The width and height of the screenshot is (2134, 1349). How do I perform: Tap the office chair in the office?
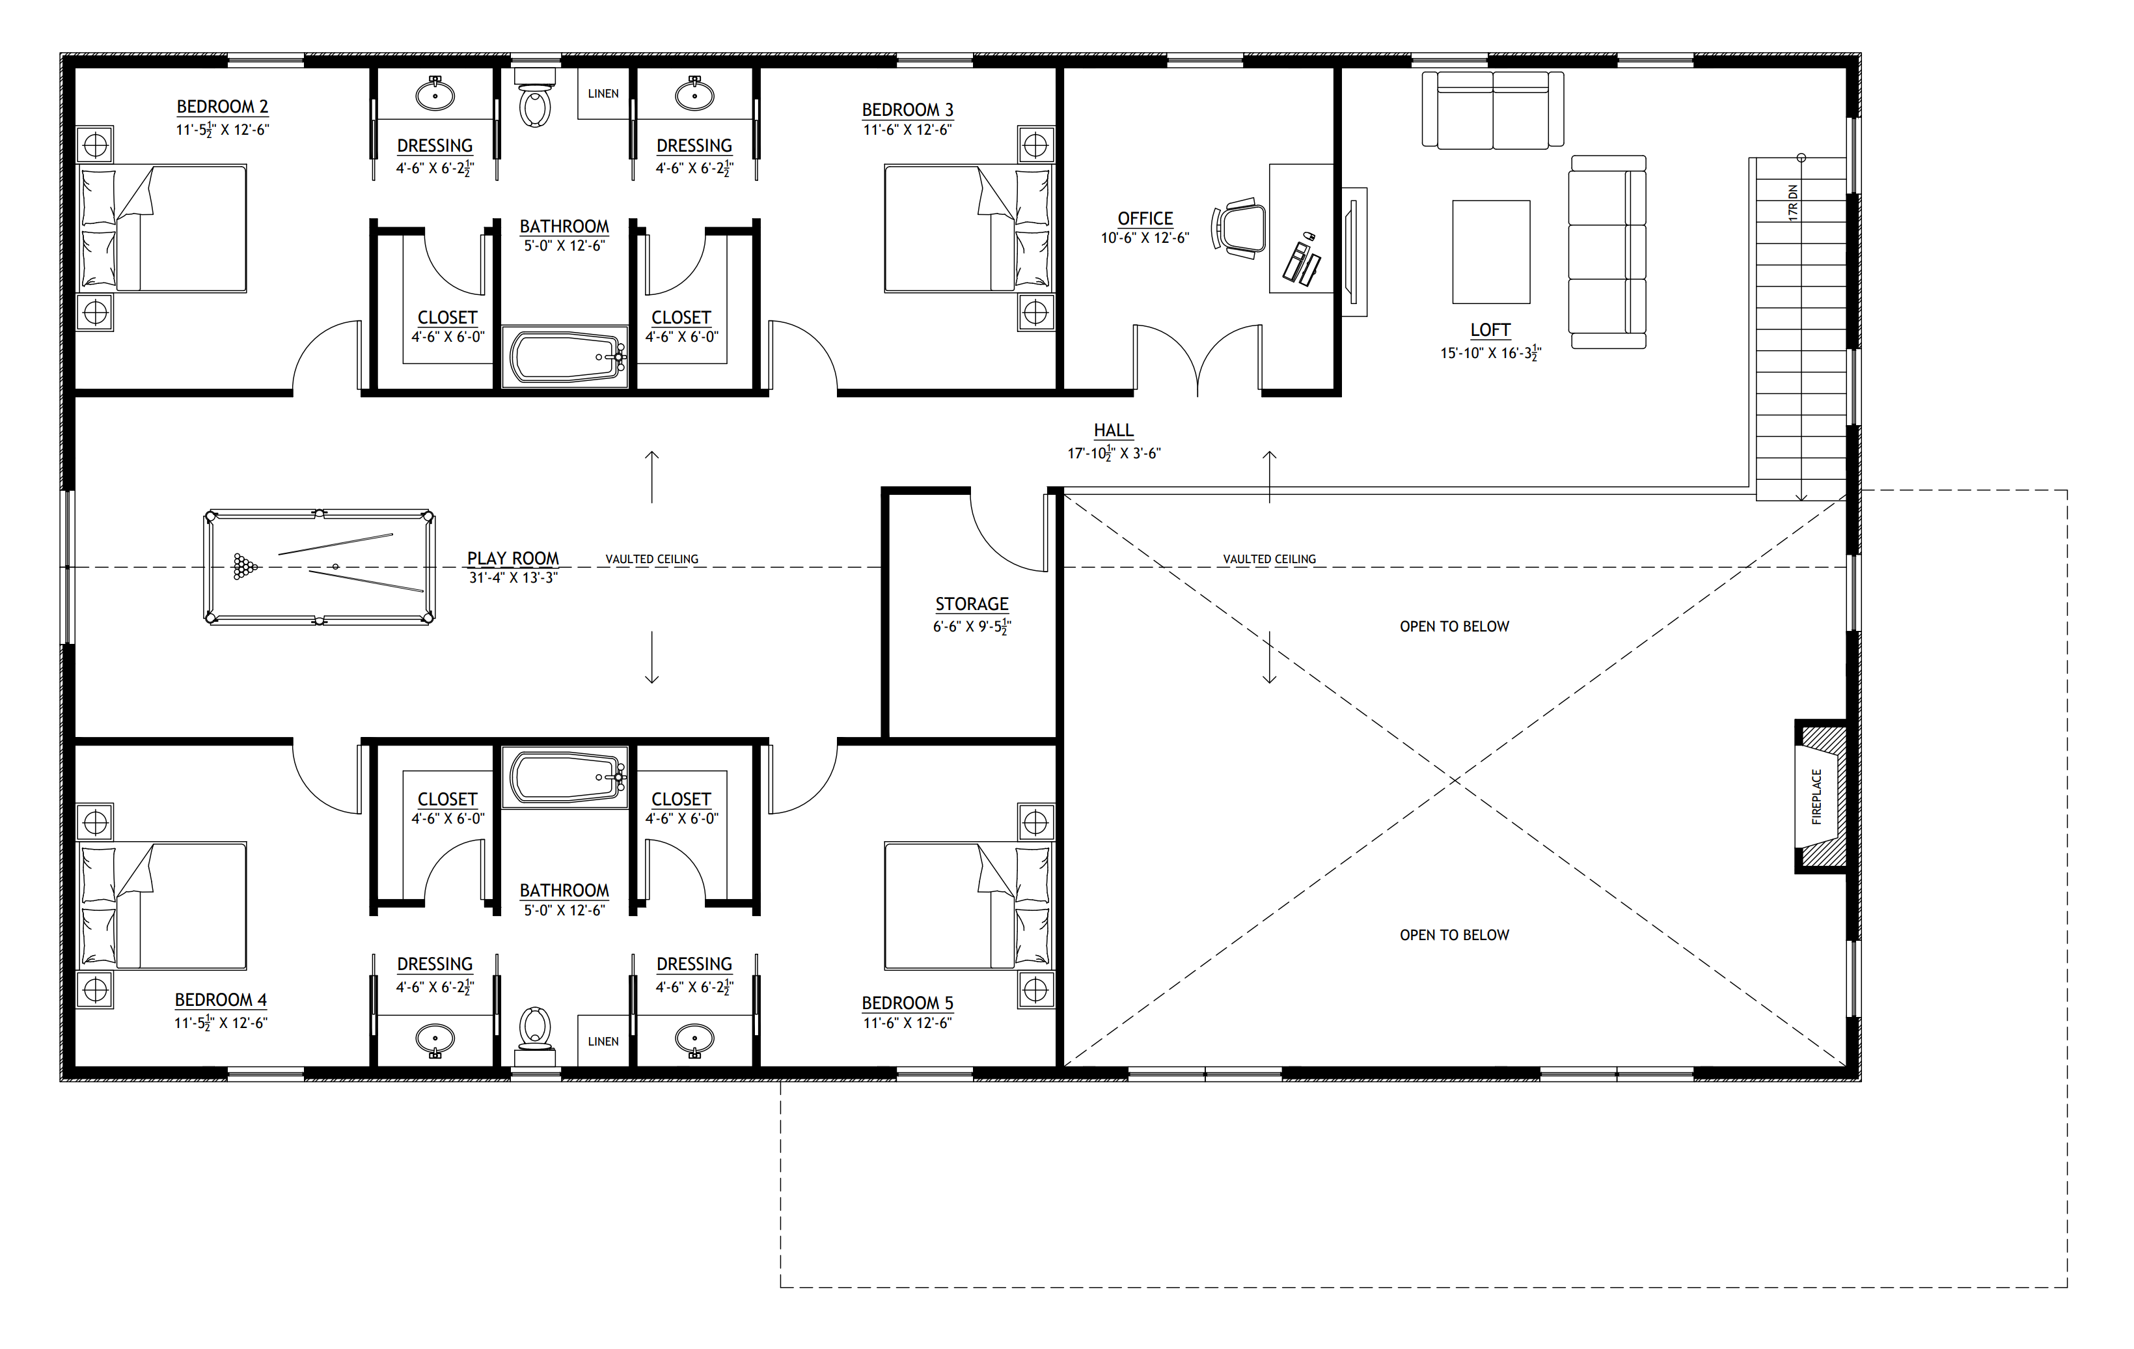1239,229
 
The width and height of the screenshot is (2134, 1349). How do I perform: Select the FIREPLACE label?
1817,797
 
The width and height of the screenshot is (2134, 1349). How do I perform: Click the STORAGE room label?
972,604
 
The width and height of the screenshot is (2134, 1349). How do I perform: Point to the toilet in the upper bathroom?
535,98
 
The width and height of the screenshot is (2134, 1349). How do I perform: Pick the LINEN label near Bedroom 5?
603,1042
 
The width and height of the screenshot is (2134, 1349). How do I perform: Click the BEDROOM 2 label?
223,106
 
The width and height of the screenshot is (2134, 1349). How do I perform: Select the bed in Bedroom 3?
968,228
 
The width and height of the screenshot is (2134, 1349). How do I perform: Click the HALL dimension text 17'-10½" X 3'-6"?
1114,454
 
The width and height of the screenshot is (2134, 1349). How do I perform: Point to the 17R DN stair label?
1793,203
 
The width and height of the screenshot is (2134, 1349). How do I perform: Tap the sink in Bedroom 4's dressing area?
435,1039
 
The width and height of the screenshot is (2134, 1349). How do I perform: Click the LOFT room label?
1490,329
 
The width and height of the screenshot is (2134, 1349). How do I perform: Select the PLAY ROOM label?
513,559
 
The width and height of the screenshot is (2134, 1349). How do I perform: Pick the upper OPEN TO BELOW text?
1455,626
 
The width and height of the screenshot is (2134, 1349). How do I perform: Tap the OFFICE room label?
1145,218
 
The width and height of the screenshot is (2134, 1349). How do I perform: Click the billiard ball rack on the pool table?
245,566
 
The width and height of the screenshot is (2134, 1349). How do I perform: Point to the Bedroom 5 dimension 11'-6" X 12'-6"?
907,1023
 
